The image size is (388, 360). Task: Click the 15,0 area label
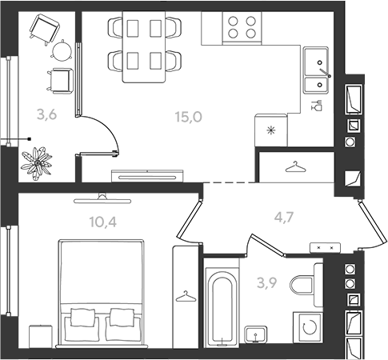(x=189, y=117)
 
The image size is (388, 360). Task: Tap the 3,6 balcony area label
(x=47, y=115)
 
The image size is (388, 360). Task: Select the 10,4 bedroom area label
(x=103, y=222)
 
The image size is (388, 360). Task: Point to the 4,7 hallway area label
(x=284, y=218)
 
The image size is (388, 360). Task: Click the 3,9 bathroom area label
(x=267, y=283)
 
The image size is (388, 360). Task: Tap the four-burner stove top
(x=242, y=27)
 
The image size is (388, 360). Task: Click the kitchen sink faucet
(x=325, y=72)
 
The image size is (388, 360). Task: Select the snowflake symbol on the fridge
(x=271, y=130)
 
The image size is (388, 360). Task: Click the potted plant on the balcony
(x=37, y=162)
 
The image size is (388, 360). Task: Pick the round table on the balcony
(x=62, y=50)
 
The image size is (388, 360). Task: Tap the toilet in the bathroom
(x=306, y=285)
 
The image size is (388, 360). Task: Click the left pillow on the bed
(x=82, y=318)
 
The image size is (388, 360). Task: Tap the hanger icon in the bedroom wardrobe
(x=186, y=297)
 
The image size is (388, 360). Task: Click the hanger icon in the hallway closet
(x=295, y=167)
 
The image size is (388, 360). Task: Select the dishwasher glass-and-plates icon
(x=317, y=106)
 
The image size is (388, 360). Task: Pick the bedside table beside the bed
(x=41, y=337)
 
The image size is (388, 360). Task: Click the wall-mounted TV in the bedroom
(x=102, y=199)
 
